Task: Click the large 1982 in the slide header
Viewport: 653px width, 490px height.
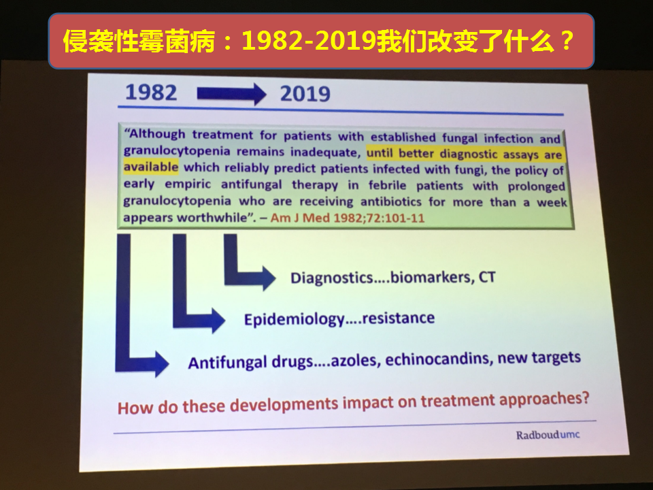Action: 151,92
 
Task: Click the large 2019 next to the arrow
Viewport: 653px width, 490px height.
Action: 305,94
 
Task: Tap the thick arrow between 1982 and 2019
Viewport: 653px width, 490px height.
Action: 231,94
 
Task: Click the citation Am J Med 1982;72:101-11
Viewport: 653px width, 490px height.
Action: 348,218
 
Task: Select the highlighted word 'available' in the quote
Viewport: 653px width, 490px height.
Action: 151,167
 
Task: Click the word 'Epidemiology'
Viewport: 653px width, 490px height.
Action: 295,320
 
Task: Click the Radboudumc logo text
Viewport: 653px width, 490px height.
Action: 548,435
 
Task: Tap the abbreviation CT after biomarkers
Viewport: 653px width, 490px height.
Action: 487,277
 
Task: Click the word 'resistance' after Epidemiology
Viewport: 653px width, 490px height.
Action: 399,318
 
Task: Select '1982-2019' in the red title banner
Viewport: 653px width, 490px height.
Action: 309,41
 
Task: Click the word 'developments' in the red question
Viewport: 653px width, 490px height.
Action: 284,404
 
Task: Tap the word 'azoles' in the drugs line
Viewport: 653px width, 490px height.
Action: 356,360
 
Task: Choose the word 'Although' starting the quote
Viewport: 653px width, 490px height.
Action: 155,134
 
